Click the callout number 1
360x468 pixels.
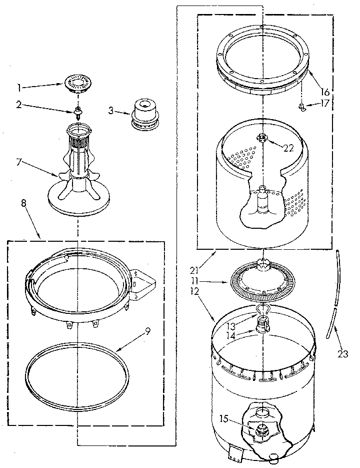click(x=19, y=88)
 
